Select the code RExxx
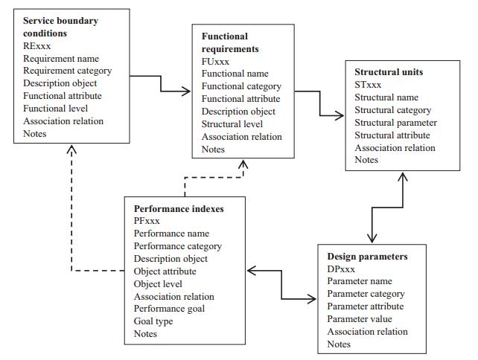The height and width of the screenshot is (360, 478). point(37,45)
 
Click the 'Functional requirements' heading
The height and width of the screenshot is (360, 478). point(235,42)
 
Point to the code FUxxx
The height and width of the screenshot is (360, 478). point(217,61)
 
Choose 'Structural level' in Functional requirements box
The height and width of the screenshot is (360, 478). point(233,123)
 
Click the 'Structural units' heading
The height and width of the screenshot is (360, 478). point(389,72)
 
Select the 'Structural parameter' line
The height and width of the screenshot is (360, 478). point(395,122)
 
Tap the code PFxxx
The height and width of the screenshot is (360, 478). point(146,221)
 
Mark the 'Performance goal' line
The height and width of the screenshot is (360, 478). point(169,309)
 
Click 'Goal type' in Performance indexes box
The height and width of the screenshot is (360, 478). point(153,321)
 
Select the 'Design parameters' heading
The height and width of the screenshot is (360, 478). point(367,257)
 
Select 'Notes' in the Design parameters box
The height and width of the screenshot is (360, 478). point(339,344)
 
